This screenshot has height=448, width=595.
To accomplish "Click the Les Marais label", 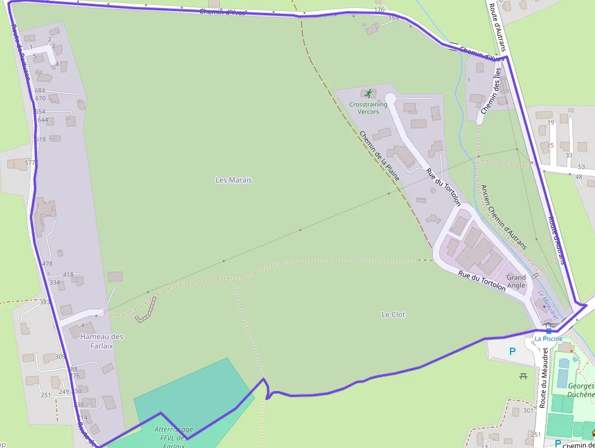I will (233, 180).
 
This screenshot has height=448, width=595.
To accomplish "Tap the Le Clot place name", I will (393, 315).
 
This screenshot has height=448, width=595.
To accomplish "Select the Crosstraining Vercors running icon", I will (368, 94).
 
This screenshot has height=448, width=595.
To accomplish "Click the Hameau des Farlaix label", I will (101, 340).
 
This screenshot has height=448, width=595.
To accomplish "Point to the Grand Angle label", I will (516, 281).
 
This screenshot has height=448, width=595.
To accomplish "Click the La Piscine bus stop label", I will (548, 339).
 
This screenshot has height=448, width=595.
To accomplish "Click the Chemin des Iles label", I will (491, 91).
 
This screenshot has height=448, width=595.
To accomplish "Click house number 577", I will (30, 163).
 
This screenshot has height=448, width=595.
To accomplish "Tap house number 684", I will (40, 91).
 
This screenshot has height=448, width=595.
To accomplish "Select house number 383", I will (44, 302).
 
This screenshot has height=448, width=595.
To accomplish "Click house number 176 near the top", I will (379, 10).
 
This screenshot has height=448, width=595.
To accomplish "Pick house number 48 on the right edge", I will (579, 177).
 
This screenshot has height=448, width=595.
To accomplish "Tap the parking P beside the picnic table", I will (512, 351).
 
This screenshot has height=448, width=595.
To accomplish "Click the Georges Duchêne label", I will (580, 390).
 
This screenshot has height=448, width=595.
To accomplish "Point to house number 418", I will (68, 275).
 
